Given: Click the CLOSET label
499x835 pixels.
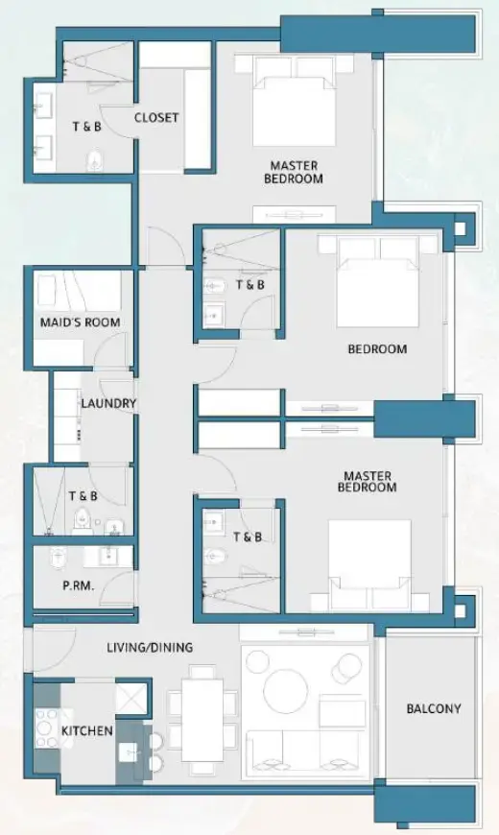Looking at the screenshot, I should pyautogui.click(x=156, y=118).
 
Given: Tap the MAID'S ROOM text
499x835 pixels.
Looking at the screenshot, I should pyautogui.click(x=80, y=322).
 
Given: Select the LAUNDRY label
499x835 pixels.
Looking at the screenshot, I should pyautogui.click(x=108, y=404).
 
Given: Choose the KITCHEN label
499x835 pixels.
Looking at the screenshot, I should pyautogui.click(x=87, y=731).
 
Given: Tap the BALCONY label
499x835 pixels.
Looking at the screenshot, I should pyautogui.click(x=433, y=709).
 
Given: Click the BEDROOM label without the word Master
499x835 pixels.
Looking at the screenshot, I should pyautogui.click(x=377, y=349).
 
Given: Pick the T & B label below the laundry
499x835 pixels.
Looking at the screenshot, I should pyautogui.click(x=83, y=496).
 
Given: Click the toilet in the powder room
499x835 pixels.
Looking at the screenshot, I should pyautogui.click(x=58, y=559).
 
